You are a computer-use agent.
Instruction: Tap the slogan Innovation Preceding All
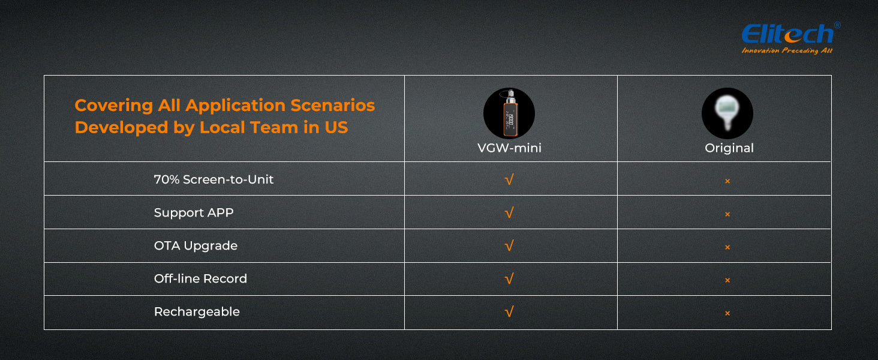787,50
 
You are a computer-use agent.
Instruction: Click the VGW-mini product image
509,113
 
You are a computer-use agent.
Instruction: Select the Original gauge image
727,113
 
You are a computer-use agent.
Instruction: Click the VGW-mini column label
509,148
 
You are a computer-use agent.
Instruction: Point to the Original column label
729,148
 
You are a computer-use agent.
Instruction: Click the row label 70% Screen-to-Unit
214,179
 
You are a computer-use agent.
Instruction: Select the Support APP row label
194,212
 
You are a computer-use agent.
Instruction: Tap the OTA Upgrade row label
196,246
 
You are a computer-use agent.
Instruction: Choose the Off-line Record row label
200,278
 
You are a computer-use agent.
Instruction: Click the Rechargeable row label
197,312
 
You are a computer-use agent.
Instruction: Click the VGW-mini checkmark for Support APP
509,212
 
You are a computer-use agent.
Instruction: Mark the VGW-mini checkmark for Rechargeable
509,312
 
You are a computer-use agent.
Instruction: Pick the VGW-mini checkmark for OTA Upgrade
509,246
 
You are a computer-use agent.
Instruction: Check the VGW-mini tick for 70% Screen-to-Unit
509,179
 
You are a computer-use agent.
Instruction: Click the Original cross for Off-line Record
727,280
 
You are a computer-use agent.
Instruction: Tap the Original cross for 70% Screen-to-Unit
727,181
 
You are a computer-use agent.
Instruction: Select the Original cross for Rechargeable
727,313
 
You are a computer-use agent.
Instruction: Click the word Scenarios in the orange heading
333,105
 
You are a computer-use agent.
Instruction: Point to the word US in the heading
336,127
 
